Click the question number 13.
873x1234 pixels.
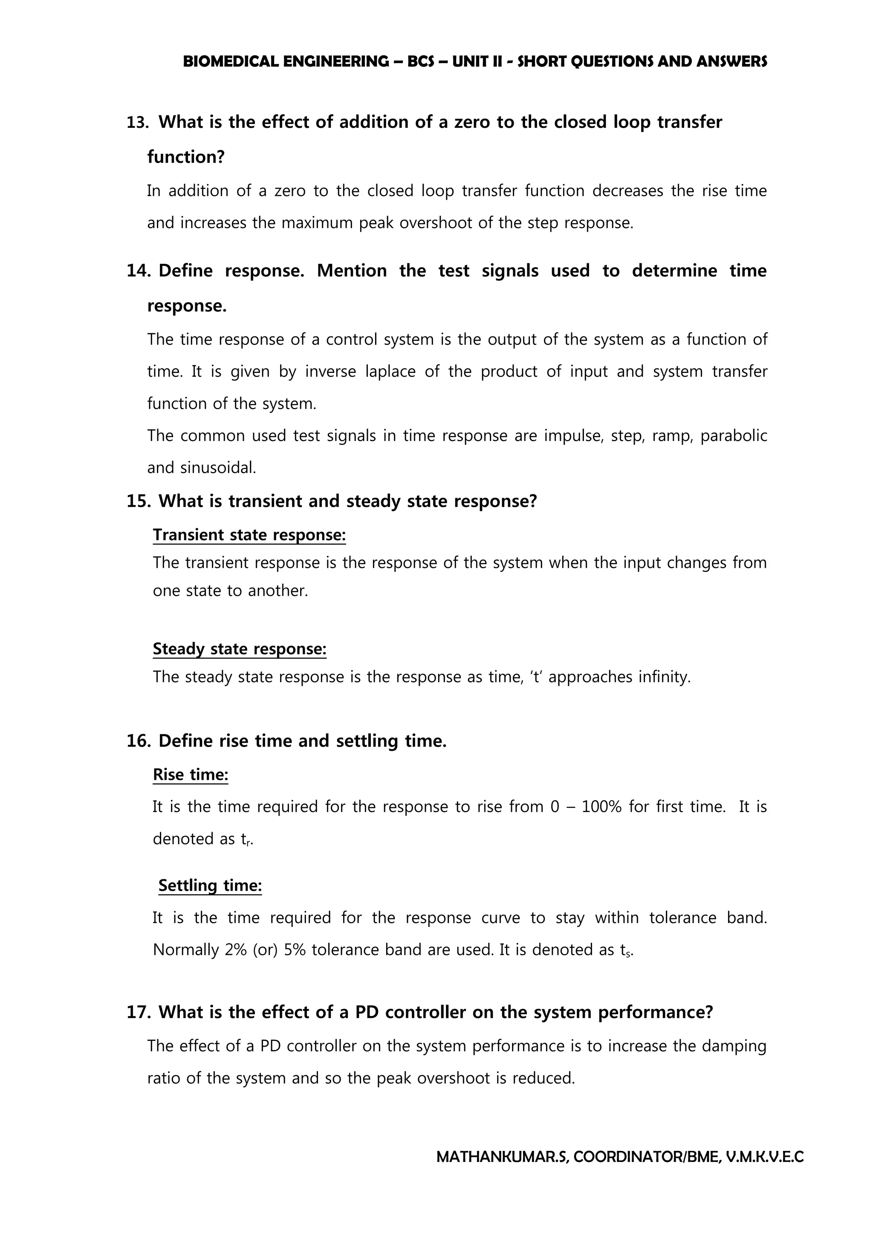pyautogui.click(x=137, y=123)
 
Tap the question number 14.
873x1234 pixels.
pyautogui.click(x=138, y=271)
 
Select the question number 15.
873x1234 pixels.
pyautogui.click(x=138, y=502)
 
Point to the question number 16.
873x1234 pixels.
pyautogui.click(x=138, y=741)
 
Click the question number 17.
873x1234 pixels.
pyautogui.click(x=138, y=1012)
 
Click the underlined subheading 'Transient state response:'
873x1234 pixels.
pyautogui.click(x=249, y=535)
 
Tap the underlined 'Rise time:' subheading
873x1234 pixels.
pyautogui.click(x=190, y=775)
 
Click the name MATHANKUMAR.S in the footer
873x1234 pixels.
pyautogui.click(x=502, y=1157)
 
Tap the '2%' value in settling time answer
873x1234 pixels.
pyautogui.click(x=235, y=950)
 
